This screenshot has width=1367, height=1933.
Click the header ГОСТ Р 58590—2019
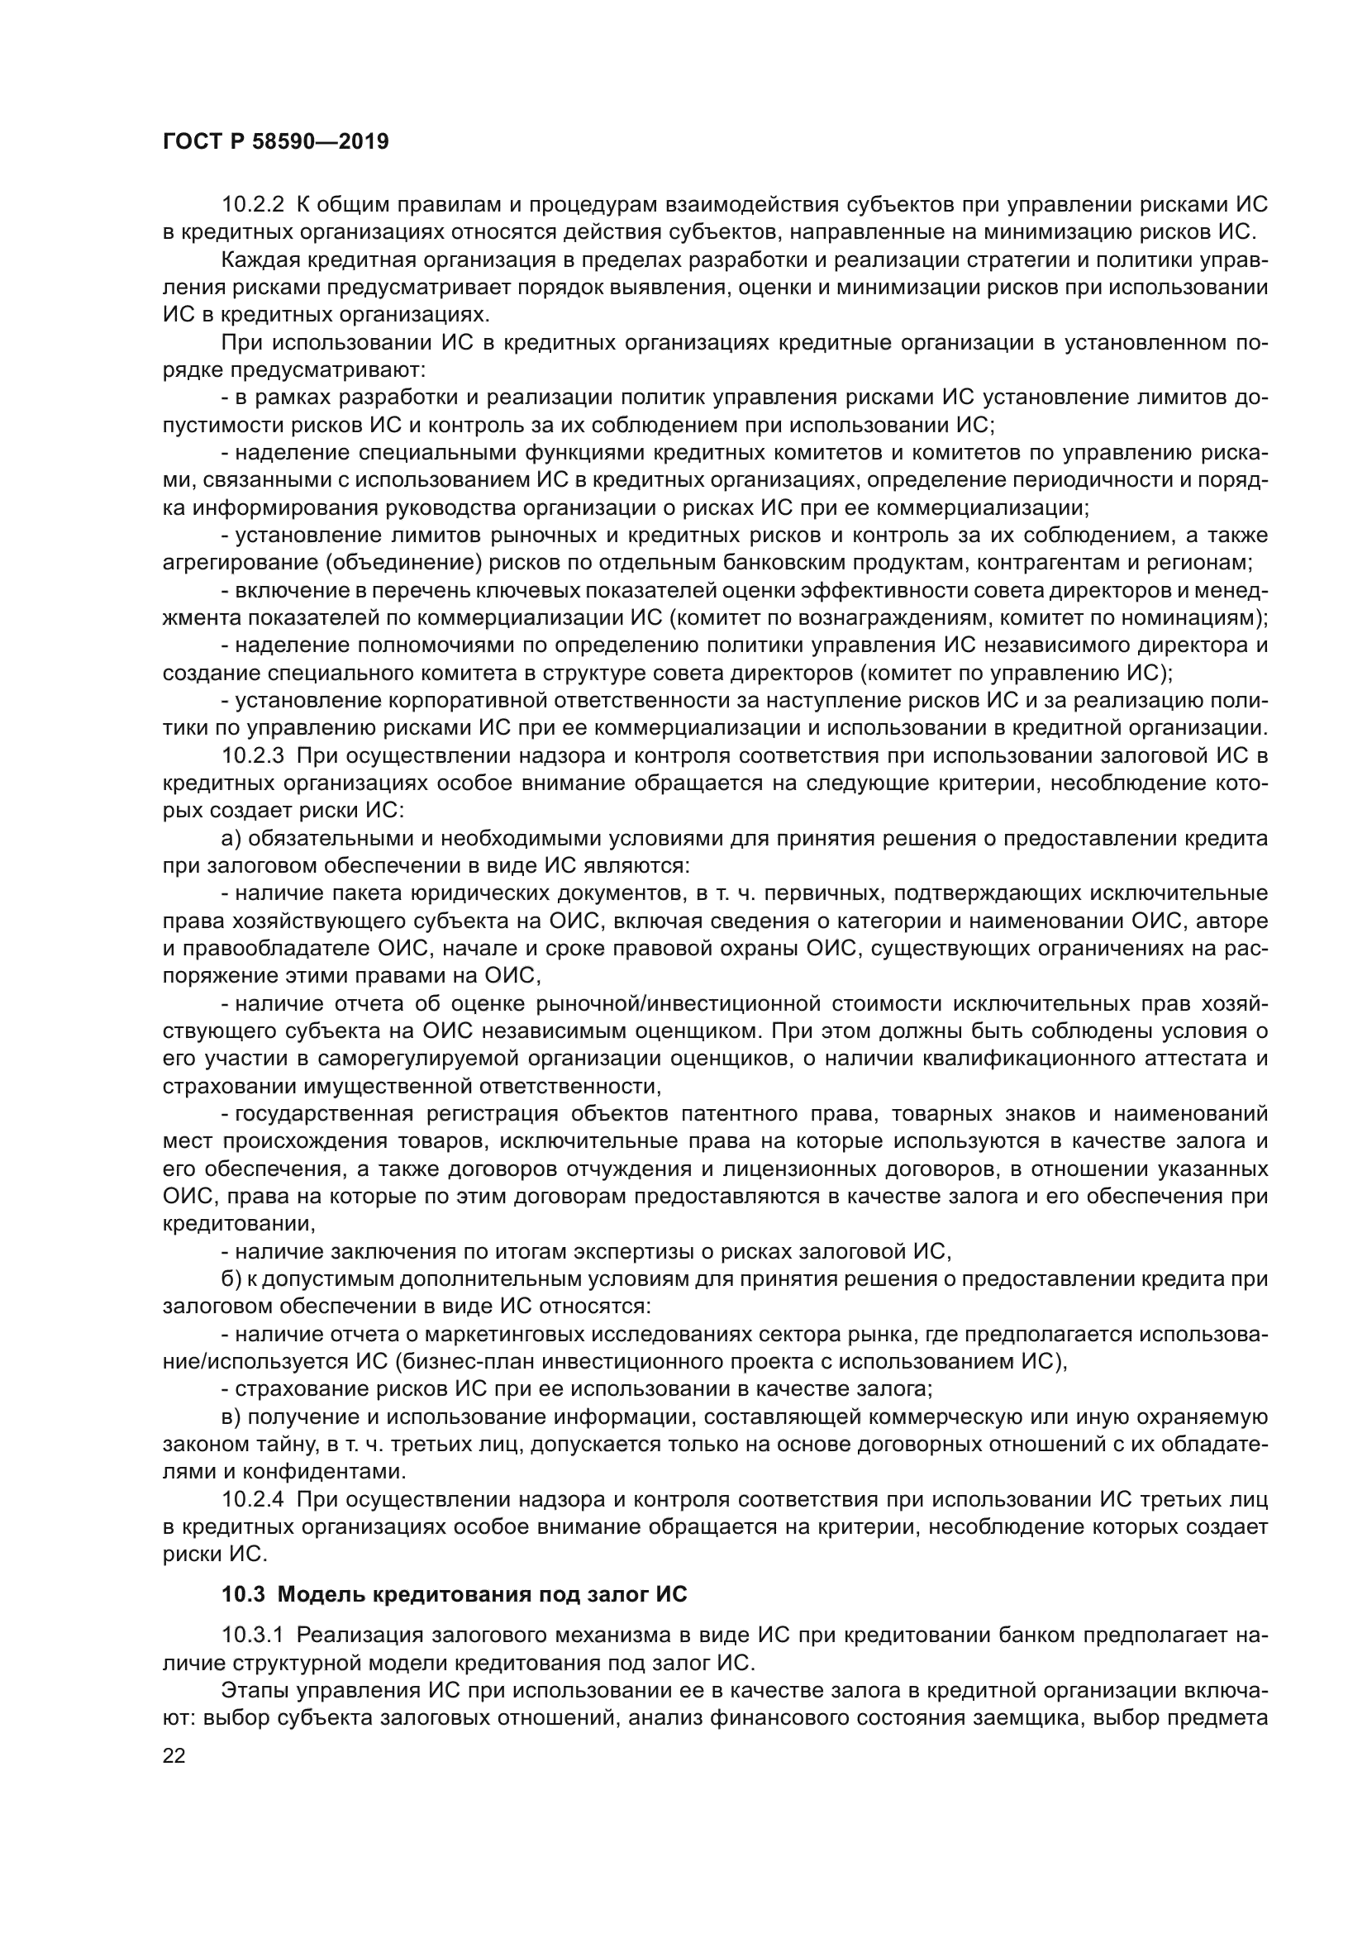[275, 141]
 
